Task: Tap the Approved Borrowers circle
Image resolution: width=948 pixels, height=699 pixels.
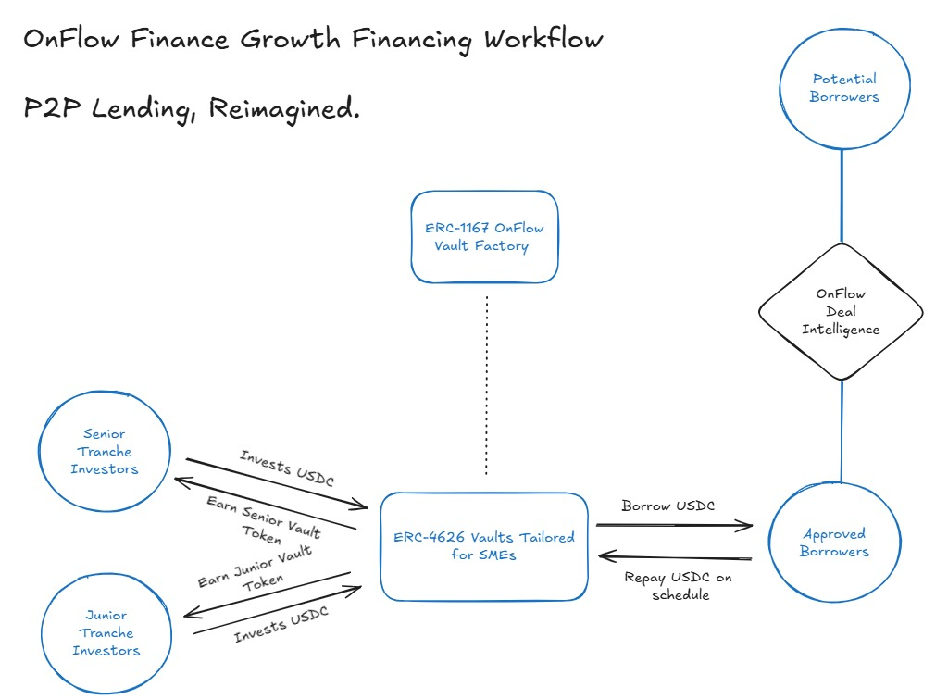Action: coord(835,543)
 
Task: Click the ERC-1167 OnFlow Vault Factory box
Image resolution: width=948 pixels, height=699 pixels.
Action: coord(485,237)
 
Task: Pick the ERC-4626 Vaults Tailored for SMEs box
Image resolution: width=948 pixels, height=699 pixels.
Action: coord(484,546)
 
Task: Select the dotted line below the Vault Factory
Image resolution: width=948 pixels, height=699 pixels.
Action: coord(486,384)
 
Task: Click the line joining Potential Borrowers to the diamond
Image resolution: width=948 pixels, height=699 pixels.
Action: coord(842,194)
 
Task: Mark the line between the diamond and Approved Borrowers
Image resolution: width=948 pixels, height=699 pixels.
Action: coord(841,431)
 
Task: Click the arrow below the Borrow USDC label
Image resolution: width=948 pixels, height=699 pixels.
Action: coord(674,525)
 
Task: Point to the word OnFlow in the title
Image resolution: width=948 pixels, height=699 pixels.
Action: coord(74,40)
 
